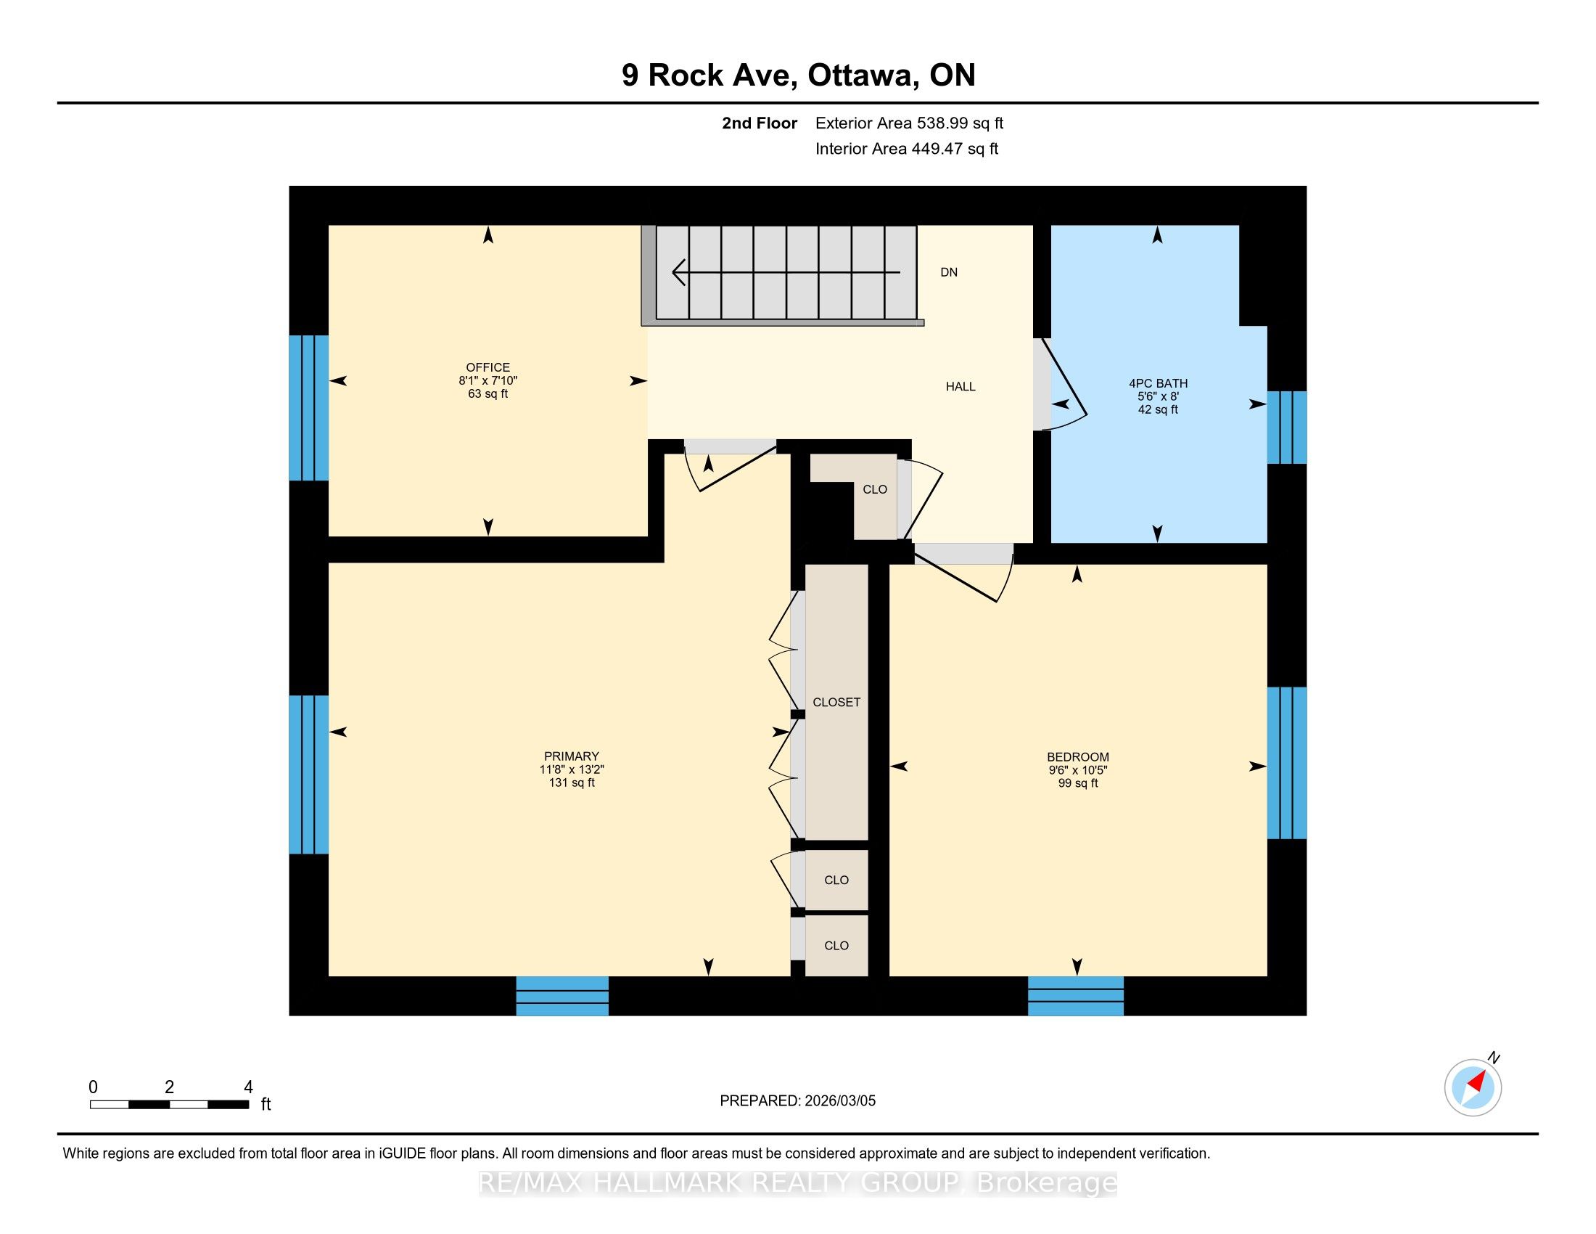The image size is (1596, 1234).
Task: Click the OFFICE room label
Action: (488, 367)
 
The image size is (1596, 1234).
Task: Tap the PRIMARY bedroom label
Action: (572, 756)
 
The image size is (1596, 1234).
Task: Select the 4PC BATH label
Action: (1159, 383)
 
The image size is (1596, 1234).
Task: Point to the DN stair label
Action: (949, 272)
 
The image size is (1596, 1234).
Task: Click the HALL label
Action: (961, 386)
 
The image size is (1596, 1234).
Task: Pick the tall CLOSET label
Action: (836, 702)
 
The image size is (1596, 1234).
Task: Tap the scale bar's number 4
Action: (247, 1087)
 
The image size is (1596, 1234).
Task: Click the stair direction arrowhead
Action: (679, 273)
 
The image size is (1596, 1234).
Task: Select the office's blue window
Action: (308, 408)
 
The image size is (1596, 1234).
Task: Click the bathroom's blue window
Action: (1286, 427)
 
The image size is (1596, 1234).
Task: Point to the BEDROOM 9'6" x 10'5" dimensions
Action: (1078, 769)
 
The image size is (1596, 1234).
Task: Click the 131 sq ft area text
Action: (572, 783)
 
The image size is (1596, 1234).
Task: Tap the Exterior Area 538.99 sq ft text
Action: (909, 123)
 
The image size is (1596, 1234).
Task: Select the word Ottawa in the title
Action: (863, 75)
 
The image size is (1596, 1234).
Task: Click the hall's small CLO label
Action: (875, 489)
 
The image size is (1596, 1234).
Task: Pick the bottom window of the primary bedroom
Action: (562, 996)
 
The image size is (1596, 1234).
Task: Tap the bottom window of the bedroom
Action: (1076, 996)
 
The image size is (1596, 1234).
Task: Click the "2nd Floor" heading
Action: (760, 123)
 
